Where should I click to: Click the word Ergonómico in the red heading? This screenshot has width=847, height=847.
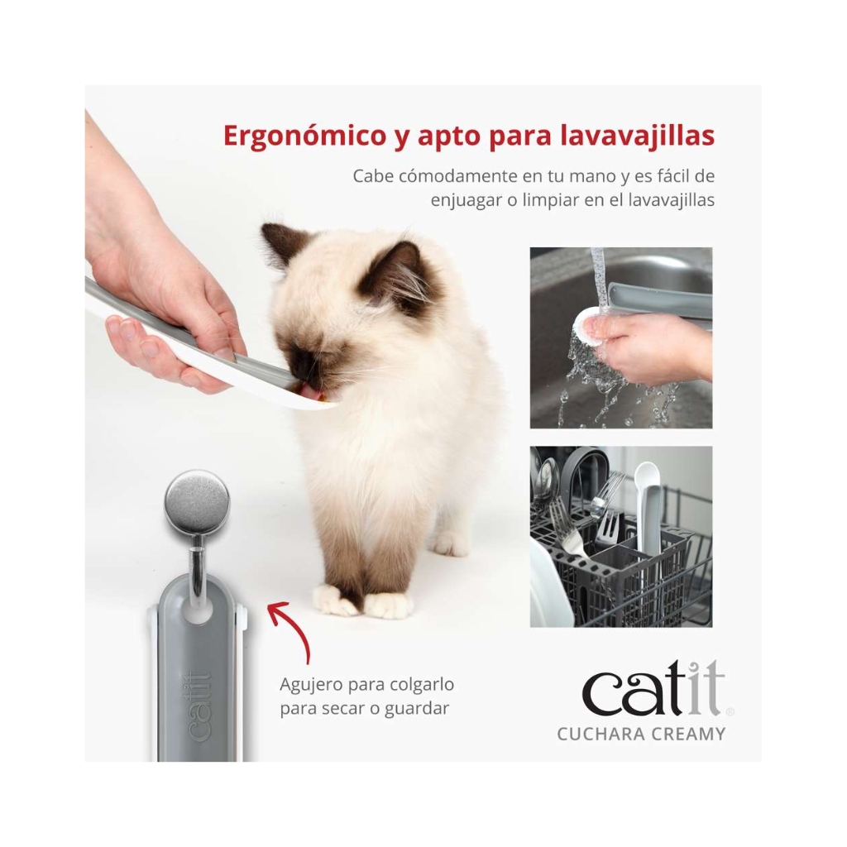pos(304,136)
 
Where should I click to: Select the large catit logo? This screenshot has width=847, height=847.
pos(653,689)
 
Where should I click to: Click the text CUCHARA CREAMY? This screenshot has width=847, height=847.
pos(641,735)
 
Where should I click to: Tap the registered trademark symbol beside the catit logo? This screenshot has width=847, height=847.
pos(730,711)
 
